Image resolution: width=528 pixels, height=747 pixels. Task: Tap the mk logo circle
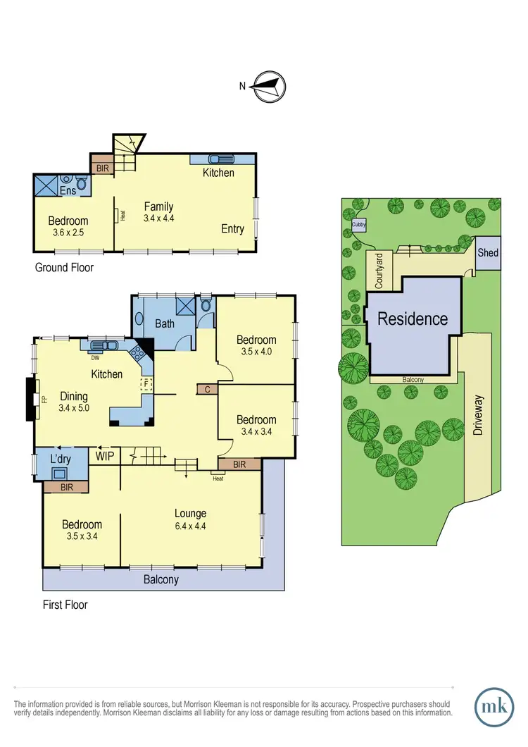coord(496,705)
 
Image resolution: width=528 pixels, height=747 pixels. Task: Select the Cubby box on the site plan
coord(358,226)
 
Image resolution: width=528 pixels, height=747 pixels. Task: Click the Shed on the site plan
coord(488,253)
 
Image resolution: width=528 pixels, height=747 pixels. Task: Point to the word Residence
coord(413,319)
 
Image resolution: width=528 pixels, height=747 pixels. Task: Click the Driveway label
coord(479,415)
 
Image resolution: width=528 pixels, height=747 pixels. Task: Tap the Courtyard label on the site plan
coord(378,270)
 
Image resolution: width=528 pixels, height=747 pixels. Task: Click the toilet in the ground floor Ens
coord(81,185)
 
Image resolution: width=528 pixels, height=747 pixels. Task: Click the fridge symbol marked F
coord(147,384)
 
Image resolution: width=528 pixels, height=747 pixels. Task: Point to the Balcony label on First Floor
coord(161,580)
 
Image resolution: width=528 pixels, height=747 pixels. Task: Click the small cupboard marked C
coord(208,389)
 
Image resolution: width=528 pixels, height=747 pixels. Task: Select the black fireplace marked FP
coord(30,400)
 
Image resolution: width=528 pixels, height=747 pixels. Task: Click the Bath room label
coord(165,324)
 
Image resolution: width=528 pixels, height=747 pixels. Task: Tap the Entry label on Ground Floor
coord(232,228)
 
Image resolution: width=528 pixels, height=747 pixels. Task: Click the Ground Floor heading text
coord(64,268)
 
